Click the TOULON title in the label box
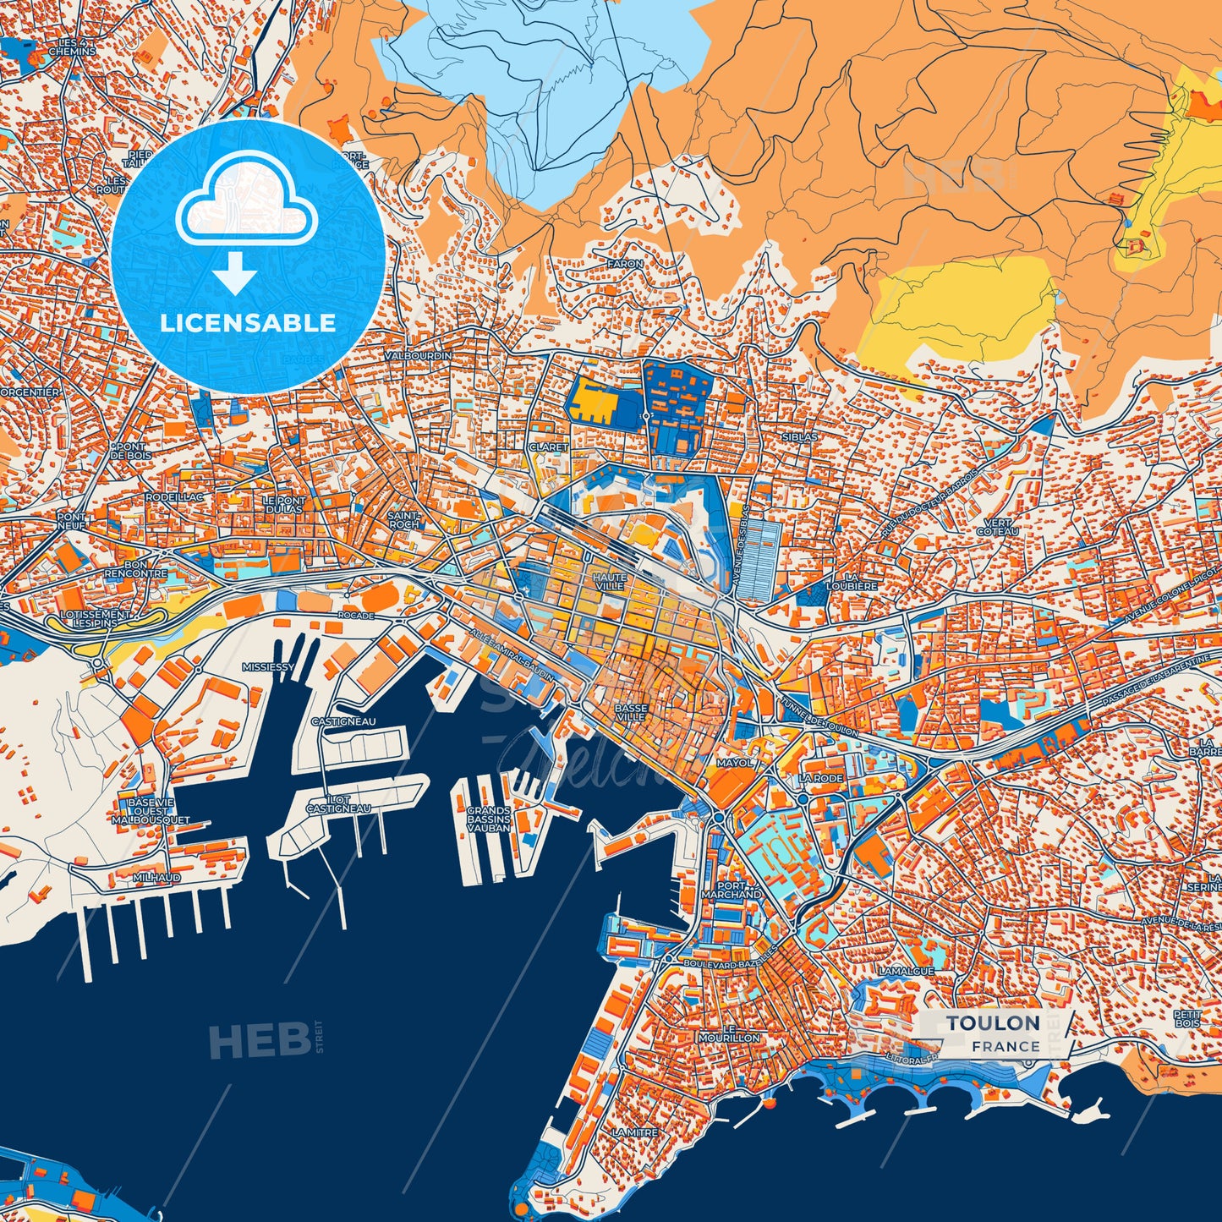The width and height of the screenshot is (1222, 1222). [993, 1023]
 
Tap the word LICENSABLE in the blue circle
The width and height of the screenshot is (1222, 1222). [248, 323]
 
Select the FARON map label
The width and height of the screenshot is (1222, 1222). [625, 264]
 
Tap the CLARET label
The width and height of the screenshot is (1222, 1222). [548, 447]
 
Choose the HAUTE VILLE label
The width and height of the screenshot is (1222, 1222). [610, 582]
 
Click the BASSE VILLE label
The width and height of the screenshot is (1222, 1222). [631, 712]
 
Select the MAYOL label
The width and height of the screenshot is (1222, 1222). [733, 762]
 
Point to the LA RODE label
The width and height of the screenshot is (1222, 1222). [821, 777]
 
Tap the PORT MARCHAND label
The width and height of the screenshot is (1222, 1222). [733, 889]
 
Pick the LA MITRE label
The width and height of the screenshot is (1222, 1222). [634, 1132]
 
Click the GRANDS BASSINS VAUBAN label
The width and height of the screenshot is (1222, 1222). [489, 819]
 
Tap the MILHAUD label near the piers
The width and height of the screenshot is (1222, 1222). [156, 878]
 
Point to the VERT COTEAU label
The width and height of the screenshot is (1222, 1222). [998, 527]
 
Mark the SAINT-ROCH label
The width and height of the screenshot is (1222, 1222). [403, 519]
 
